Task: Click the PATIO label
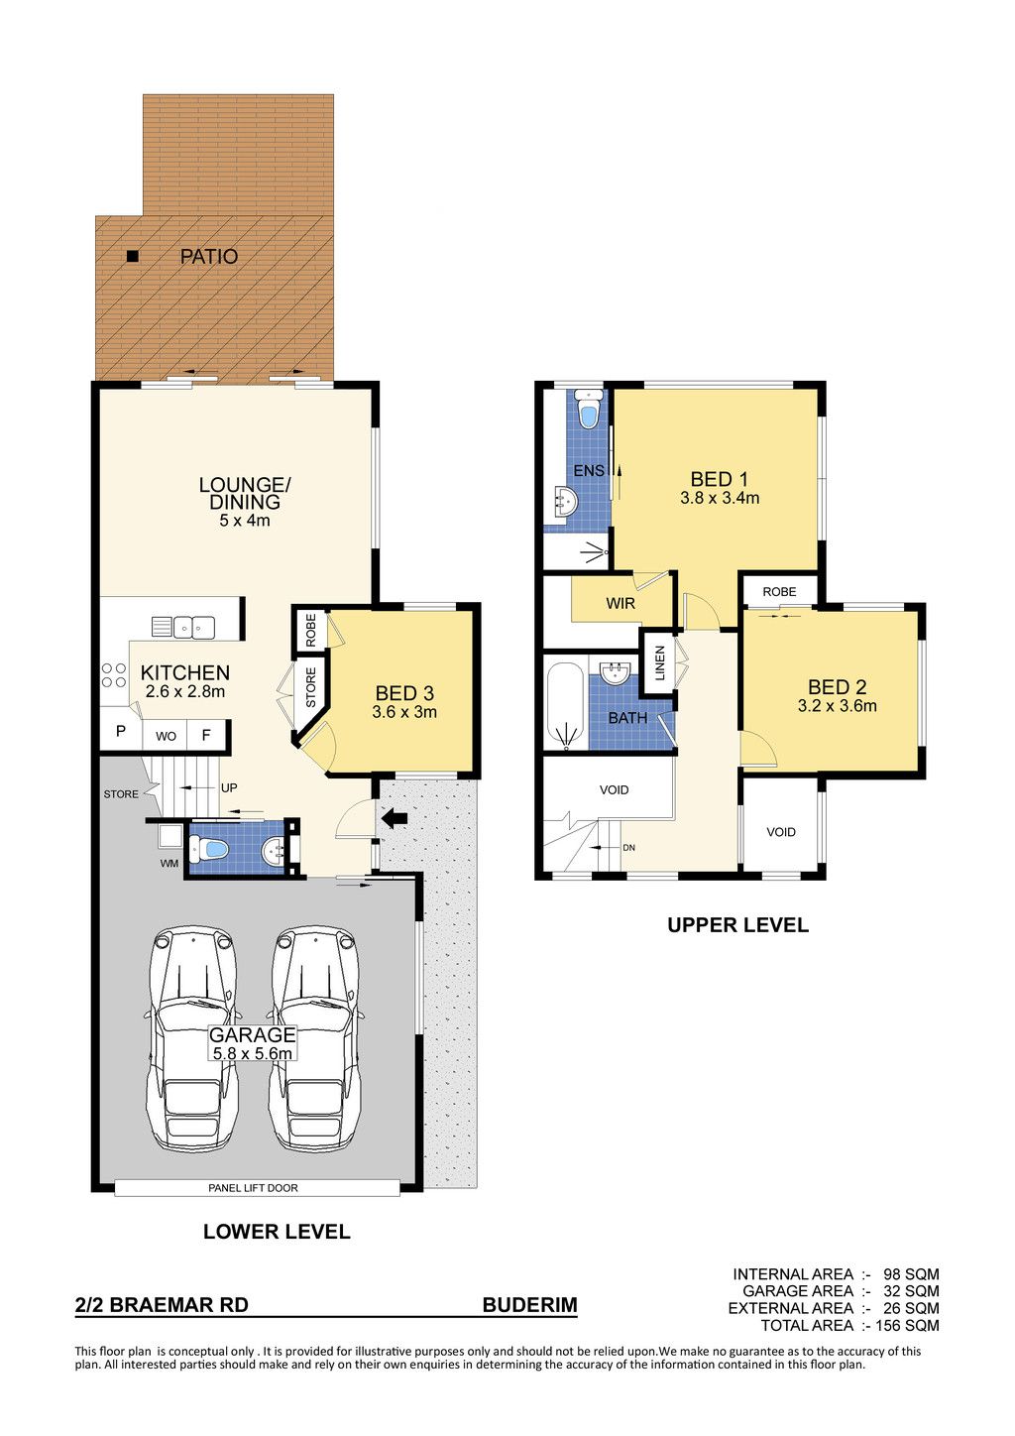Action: point(209,257)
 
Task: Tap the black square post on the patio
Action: point(133,257)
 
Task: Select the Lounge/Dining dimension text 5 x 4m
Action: point(245,521)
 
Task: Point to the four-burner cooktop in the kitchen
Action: point(113,675)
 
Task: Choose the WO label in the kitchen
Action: point(166,737)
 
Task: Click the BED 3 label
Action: point(404,693)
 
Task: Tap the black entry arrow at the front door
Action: point(395,817)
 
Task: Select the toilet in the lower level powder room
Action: point(209,850)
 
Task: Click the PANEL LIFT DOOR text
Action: point(253,1188)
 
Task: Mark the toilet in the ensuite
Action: point(588,409)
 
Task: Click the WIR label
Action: point(620,603)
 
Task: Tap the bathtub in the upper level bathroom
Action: point(566,706)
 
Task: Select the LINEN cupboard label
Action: point(660,662)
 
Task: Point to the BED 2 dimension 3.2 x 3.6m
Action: point(837,706)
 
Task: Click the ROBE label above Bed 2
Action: point(779,592)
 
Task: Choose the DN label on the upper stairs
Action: point(628,848)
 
